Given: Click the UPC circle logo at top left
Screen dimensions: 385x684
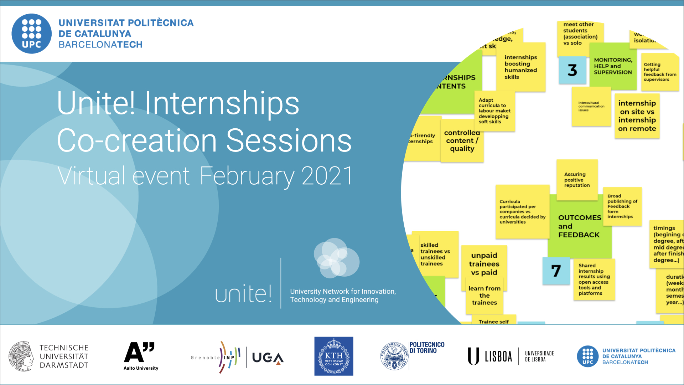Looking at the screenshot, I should click(x=32, y=34).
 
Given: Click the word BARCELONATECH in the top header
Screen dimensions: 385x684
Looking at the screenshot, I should click(x=100, y=45).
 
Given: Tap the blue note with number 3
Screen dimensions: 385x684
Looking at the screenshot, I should click(x=572, y=70).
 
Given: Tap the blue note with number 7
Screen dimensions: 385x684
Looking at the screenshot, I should click(x=556, y=271).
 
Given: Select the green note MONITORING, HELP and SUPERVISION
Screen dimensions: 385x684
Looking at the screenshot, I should click(x=613, y=66).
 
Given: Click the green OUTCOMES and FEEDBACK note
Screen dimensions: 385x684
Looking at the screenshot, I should click(x=579, y=226).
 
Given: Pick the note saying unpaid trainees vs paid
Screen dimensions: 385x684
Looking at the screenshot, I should click(x=484, y=264).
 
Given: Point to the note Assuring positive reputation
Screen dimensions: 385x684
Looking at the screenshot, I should click(x=577, y=180).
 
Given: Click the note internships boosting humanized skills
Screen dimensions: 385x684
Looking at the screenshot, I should click(x=520, y=67).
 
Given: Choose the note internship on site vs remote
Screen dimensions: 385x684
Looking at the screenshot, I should click(x=637, y=116).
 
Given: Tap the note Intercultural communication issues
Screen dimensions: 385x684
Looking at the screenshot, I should click(x=591, y=107).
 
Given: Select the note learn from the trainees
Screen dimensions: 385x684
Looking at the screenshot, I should click(x=484, y=296).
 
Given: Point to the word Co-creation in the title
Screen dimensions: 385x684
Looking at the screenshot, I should click(x=137, y=141).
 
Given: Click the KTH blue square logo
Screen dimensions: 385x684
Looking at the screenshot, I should click(x=333, y=356).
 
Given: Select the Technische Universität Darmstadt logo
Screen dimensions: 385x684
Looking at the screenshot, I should click(x=49, y=356).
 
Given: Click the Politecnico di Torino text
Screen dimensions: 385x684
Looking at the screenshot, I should click(x=426, y=348).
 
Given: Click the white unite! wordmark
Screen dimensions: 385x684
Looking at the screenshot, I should click(x=243, y=294).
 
